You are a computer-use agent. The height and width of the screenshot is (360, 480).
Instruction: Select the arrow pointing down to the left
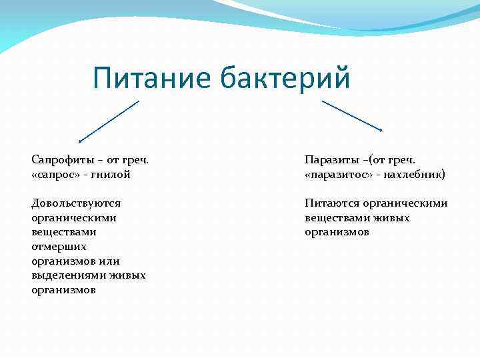click(x=108, y=121)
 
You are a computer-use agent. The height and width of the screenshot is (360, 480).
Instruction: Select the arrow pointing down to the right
click(x=352, y=115)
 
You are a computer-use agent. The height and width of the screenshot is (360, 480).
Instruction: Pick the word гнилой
click(x=113, y=175)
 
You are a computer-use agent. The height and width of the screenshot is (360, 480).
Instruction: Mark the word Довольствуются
click(x=76, y=203)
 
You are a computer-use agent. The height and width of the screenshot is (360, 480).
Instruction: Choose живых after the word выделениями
click(x=128, y=275)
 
